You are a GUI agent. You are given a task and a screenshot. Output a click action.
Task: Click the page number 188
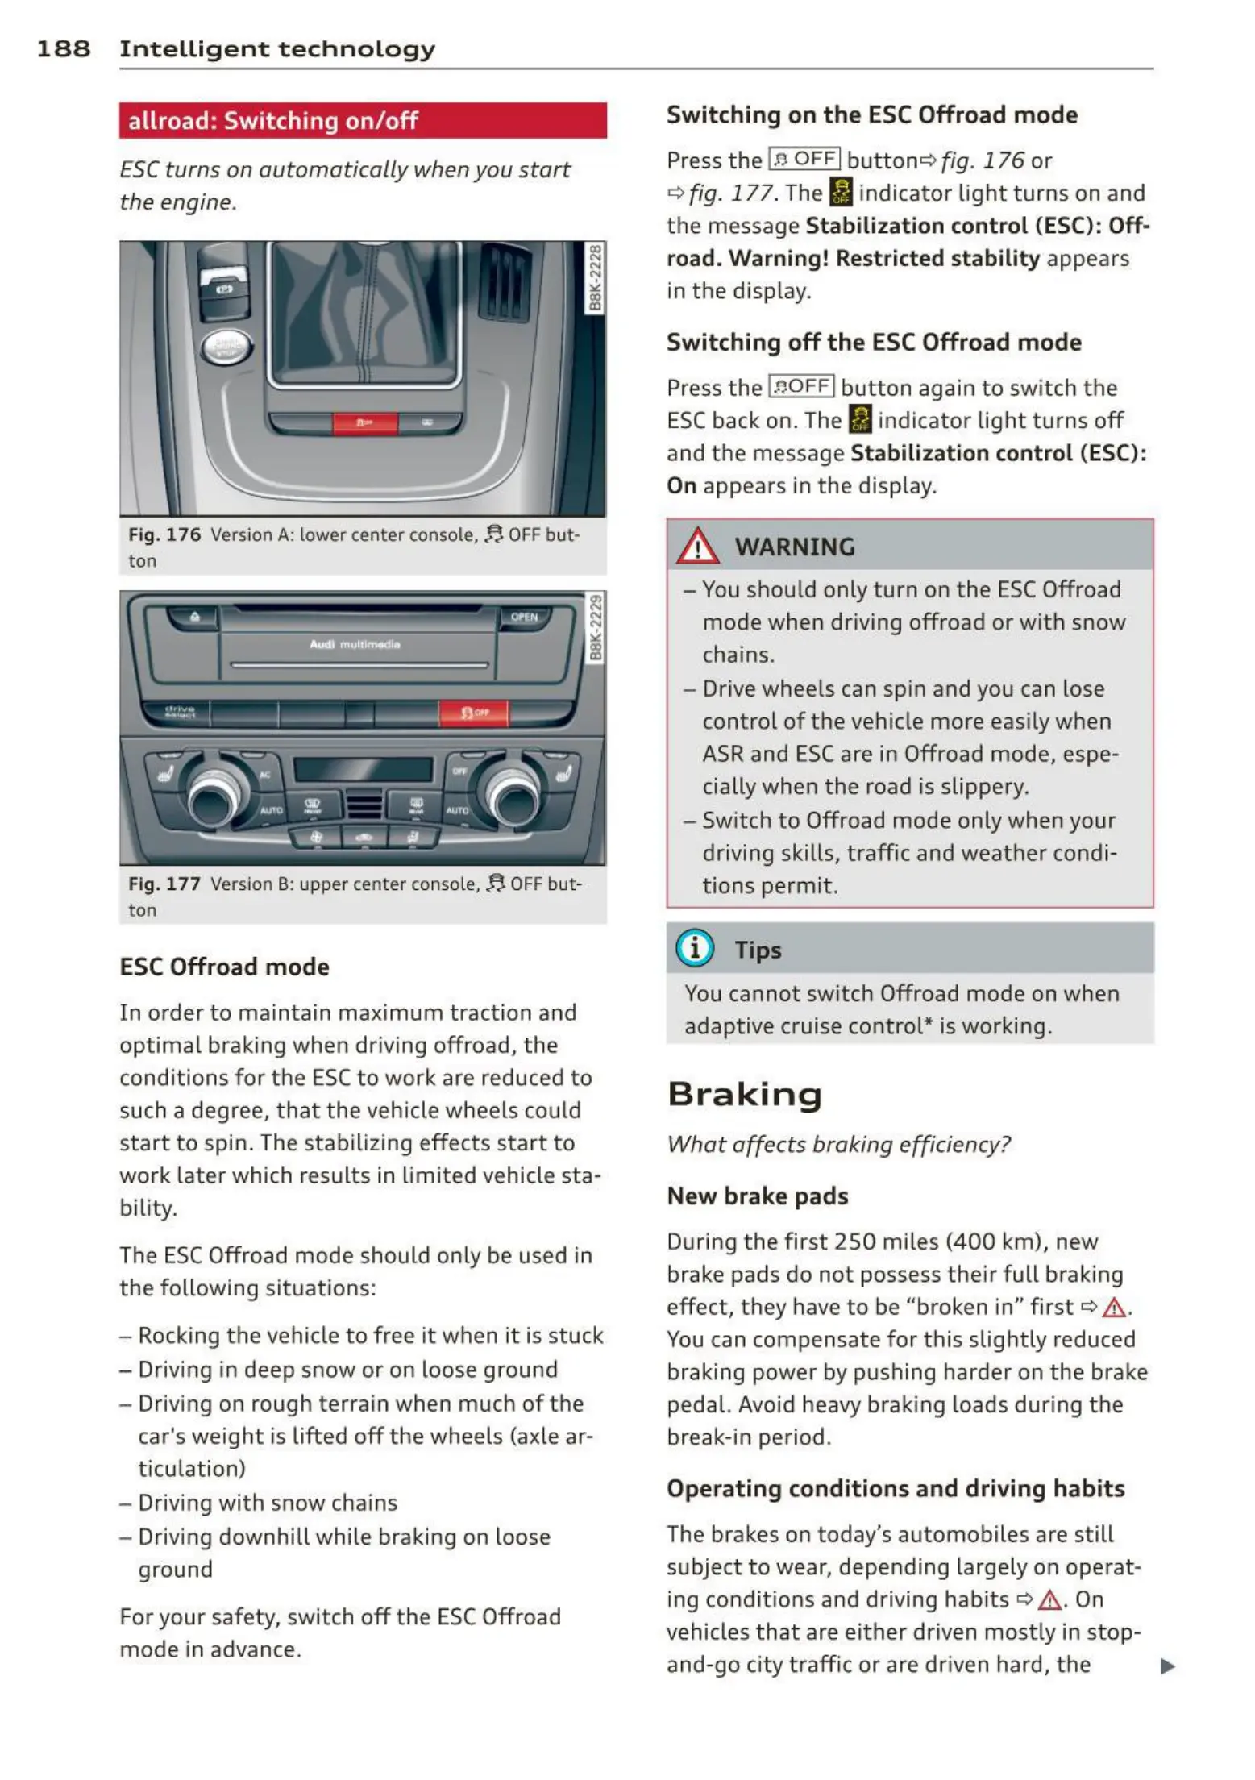click(63, 49)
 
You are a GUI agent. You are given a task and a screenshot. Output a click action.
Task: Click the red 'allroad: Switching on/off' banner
click(363, 121)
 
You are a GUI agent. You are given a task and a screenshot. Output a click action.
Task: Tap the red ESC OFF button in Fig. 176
click(365, 422)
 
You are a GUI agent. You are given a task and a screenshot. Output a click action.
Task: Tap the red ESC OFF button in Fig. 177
click(474, 713)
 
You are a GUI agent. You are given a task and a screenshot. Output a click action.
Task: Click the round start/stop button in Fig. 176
click(226, 347)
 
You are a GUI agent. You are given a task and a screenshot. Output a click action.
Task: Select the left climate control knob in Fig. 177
click(213, 797)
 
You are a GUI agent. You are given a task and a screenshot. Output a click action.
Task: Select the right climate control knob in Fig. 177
click(512, 797)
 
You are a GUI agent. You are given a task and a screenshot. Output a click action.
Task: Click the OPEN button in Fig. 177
click(524, 618)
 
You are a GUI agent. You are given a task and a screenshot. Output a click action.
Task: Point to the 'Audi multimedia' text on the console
click(355, 645)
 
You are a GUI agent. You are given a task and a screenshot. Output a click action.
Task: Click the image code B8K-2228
click(595, 278)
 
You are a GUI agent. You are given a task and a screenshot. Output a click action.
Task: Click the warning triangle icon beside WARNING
click(697, 547)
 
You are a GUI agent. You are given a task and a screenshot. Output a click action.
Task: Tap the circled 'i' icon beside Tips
click(695, 948)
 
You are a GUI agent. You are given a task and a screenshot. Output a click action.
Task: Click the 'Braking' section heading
click(745, 1095)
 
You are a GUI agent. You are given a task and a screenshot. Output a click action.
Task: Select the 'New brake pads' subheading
click(758, 1196)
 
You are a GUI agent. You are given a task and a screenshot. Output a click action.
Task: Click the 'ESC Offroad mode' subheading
click(224, 967)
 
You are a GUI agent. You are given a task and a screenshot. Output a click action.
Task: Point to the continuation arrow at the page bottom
click(1167, 1666)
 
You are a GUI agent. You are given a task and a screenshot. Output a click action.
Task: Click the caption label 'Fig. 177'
click(164, 884)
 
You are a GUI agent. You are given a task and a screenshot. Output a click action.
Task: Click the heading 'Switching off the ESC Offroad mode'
click(874, 342)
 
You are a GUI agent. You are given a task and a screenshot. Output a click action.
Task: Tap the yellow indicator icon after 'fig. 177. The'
click(841, 193)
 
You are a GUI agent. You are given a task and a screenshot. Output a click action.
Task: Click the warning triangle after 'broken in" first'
click(1114, 1308)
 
